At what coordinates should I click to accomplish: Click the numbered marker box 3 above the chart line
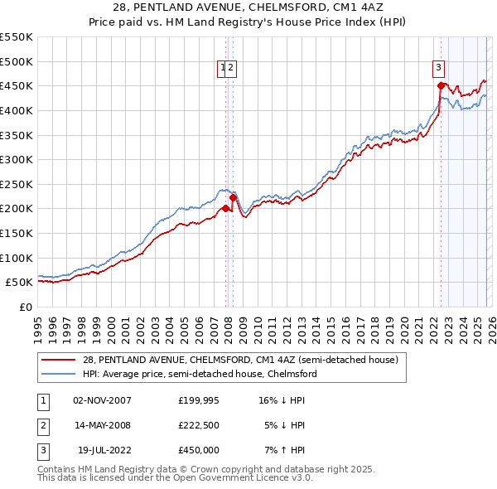[x=437, y=69]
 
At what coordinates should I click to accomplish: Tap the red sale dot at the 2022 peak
[x=441, y=85]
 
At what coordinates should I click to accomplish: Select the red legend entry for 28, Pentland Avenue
[x=240, y=360]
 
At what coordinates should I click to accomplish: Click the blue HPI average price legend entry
[x=200, y=374]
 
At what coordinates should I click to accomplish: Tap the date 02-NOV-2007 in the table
[x=102, y=400]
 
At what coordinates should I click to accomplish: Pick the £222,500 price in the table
[x=198, y=425]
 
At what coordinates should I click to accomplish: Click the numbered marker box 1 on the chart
[x=223, y=69]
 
